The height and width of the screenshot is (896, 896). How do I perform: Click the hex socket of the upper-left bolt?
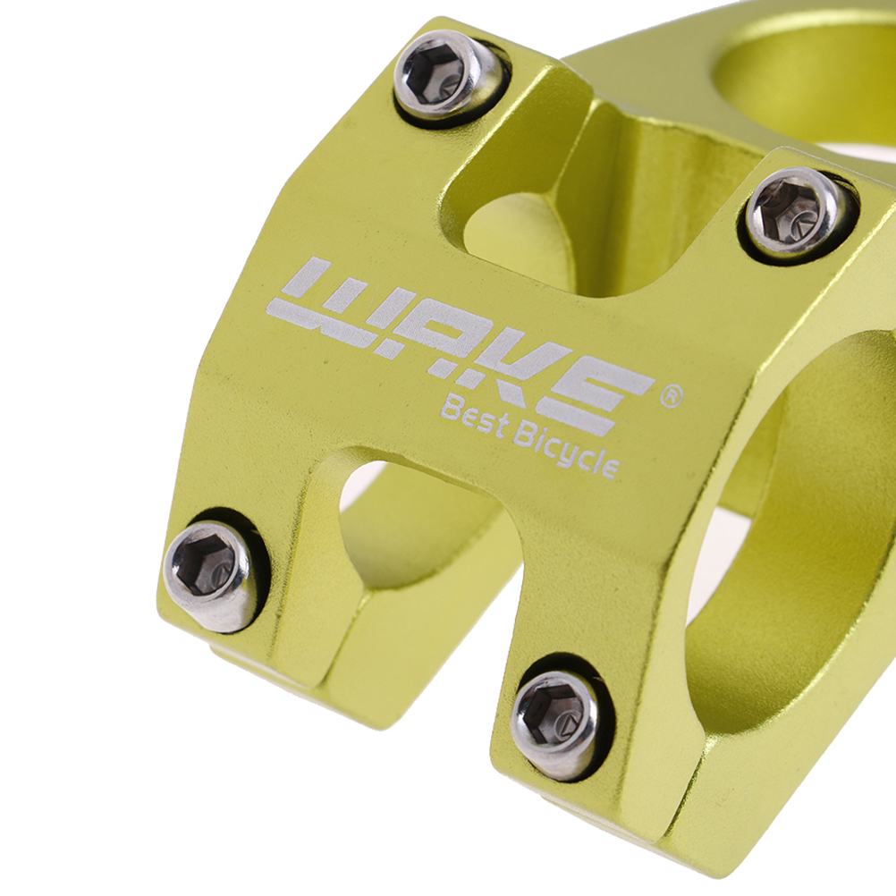(x=435, y=73)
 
